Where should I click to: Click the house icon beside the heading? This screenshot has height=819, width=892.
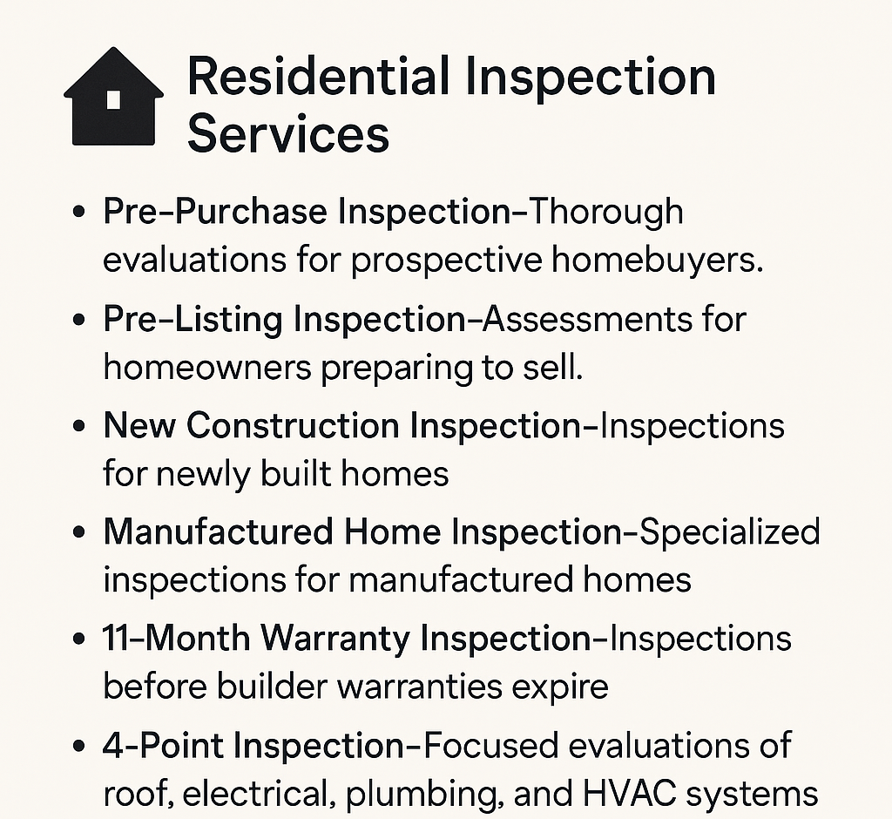114,97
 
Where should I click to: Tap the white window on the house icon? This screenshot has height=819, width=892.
113,99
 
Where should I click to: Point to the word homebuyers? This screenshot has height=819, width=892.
657,261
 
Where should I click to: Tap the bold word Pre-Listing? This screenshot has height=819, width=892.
193,320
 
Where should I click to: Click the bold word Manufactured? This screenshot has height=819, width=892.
219,532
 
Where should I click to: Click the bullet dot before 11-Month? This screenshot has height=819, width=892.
79,640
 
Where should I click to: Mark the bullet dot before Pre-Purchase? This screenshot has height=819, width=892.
79,213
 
